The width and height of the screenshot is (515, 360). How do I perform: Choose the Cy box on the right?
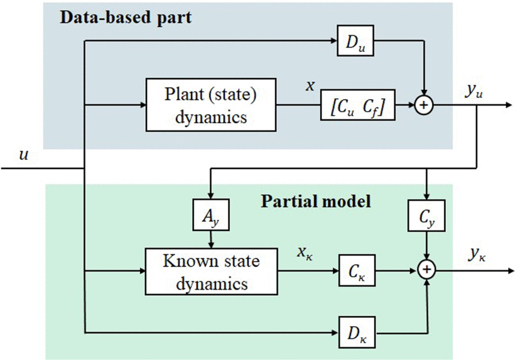tap(427, 216)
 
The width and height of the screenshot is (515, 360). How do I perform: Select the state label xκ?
tap(306, 254)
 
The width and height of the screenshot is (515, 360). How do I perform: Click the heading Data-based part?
tap(126, 17)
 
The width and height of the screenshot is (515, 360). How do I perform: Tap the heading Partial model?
tap(316, 202)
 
